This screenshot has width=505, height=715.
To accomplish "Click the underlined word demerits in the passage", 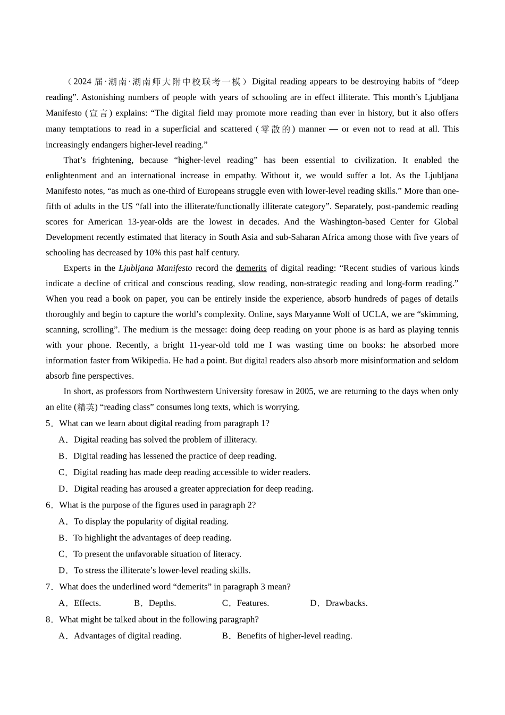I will click(251, 268).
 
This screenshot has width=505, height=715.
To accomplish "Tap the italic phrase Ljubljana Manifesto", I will click(155, 268).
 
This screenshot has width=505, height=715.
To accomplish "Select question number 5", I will click(49, 423).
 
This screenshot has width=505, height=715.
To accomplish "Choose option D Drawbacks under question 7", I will click(346, 603).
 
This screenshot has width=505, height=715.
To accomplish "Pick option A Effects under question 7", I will click(87, 603).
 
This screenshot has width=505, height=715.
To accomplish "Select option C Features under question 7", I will click(252, 603).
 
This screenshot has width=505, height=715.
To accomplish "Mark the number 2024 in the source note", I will click(82, 82).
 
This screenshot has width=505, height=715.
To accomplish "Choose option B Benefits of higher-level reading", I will click(294, 636).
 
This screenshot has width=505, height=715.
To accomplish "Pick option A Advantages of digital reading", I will click(127, 636).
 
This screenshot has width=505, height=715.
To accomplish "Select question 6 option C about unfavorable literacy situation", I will click(157, 554).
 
